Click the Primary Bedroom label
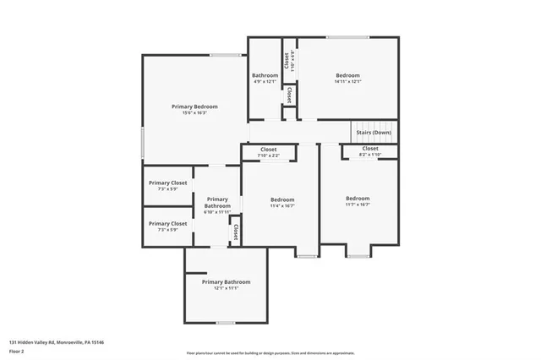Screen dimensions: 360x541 (194, 106)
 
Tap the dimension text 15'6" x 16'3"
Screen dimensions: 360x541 (194, 113)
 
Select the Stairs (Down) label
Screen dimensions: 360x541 (373, 133)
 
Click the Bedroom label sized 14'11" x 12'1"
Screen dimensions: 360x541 (347, 75)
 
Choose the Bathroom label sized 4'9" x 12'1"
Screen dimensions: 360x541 (265, 75)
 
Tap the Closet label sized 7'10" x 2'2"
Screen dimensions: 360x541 (268, 150)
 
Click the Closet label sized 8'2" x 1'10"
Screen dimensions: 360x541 (370, 149)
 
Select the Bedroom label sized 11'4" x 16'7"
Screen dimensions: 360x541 (281, 199)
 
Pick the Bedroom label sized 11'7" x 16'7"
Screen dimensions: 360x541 (358, 199)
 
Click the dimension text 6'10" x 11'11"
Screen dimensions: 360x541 (217, 212)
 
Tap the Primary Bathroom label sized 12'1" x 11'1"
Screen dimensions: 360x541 (226, 281)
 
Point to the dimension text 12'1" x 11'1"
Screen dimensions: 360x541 (226, 288)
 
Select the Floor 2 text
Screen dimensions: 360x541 (16, 351)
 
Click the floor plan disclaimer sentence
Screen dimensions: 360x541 (270, 352)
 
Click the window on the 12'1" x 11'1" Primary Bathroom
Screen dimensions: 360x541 (226, 323)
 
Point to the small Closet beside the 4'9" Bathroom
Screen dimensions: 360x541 (290, 95)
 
